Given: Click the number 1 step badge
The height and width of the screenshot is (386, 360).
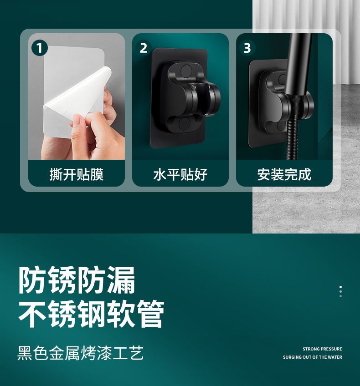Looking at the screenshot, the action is tap(40, 48).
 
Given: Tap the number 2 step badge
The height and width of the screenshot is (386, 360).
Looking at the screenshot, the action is tap(144, 48).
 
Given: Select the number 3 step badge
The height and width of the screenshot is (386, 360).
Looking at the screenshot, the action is tap(247, 48).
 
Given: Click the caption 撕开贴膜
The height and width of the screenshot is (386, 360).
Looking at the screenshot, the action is tap(77, 174).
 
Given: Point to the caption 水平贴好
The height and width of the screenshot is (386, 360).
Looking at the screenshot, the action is tap(180, 174).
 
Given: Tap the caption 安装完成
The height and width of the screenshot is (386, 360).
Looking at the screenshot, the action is tap(284, 174).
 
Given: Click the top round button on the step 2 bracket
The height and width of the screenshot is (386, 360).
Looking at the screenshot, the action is tap(186, 71).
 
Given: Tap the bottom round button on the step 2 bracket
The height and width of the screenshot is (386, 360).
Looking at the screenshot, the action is tap(184, 123).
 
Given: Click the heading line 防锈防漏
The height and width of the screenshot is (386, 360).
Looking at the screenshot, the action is tap(77, 280).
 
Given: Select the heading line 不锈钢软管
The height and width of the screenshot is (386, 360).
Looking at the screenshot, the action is tap(91, 314).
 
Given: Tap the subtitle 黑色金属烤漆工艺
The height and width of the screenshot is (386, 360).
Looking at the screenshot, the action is tap(80, 353).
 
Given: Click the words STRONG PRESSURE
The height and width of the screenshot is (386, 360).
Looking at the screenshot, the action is tap(322, 349).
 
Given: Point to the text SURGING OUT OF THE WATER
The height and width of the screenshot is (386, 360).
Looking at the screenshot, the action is tap(313, 357).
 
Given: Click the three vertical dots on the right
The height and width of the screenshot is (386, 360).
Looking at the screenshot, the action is tap(340, 291).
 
